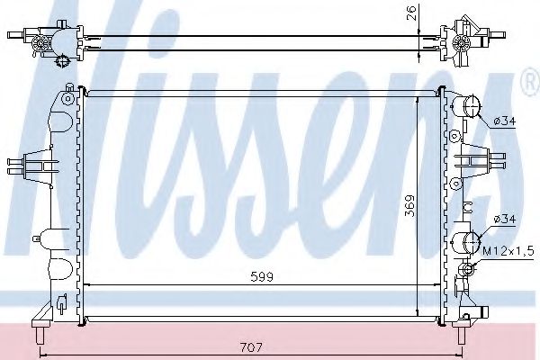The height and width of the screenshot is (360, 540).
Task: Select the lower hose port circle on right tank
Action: pyautogui.click(x=467, y=242)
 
